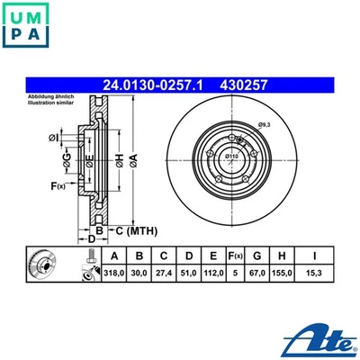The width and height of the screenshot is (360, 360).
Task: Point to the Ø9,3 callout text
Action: (264, 123)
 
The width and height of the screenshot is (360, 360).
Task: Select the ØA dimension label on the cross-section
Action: (133, 159)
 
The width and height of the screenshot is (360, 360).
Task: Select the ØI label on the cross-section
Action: (54, 137)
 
